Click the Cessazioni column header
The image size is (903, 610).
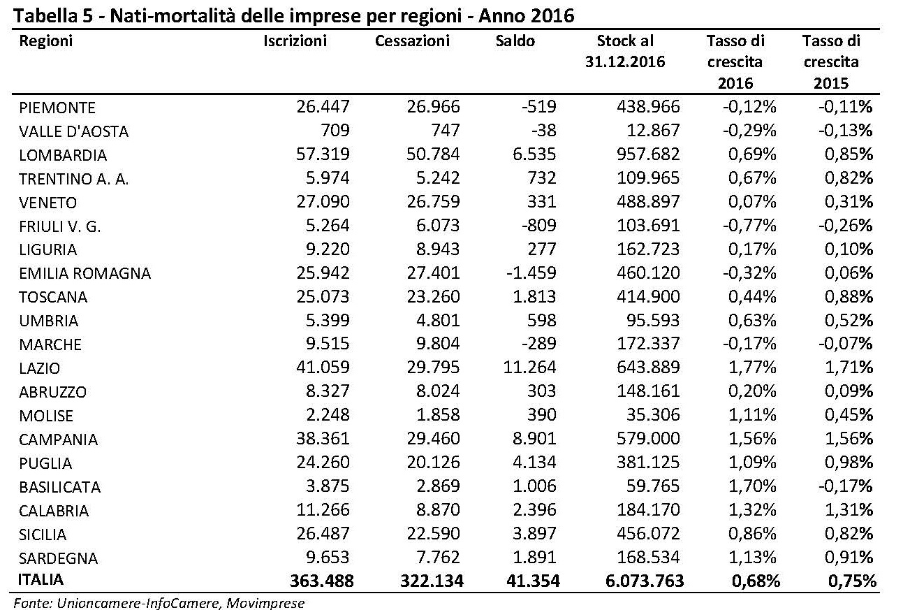(x=412, y=41)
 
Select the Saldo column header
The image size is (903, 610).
(x=515, y=41)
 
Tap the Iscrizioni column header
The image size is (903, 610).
(x=295, y=41)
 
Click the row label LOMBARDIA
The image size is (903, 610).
(x=63, y=155)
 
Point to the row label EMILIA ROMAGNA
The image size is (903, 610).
(x=85, y=273)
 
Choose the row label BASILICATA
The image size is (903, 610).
(x=59, y=487)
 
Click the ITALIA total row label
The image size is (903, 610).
(x=41, y=580)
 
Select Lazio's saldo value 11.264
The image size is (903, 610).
(x=529, y=368)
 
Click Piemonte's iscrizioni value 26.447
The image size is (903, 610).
(x=323, y=106)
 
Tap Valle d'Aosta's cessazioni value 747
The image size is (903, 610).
(x=445, y=130)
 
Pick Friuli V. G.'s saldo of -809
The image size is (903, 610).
(x=539, y=225)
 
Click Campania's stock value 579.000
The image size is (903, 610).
(x=648, y=439)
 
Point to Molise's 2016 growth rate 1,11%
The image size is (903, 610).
(x=752, y=415)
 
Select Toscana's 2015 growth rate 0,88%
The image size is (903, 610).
(x=849, y=297)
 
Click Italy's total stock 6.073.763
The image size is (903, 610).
(x=645, y=581)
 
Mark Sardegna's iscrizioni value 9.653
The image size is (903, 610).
(x=328, y=557)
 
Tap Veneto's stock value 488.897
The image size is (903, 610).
(x=648, y=202)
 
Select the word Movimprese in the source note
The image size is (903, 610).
(x=265, y=603)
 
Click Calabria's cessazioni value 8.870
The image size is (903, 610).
(x=438, y=510)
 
